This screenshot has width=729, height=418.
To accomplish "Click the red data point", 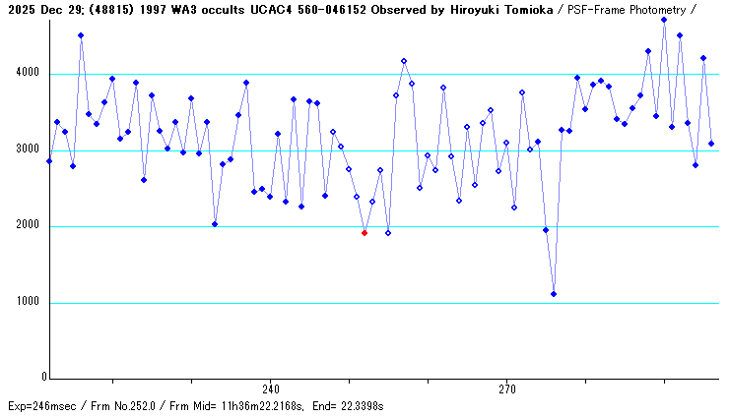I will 364,233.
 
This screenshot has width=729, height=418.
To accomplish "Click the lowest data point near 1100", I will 554,294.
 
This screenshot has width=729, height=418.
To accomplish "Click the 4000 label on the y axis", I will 29,74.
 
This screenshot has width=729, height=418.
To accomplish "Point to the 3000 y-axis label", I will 29,150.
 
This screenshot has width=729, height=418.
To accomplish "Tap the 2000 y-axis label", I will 29,226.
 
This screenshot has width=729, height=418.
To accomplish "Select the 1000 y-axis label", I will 29,303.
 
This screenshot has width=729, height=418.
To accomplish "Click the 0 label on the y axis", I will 43,378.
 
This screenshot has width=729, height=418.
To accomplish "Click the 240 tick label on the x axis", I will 271,389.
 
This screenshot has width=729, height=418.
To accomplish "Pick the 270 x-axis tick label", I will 506,389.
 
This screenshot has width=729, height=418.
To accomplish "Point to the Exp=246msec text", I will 40,405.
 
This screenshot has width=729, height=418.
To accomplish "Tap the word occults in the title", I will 209,9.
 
